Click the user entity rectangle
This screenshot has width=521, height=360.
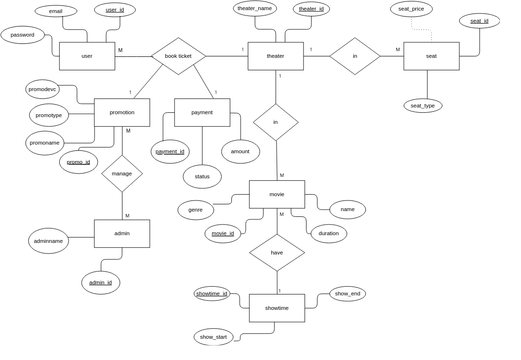pos(87,56)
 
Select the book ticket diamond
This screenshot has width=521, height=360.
pos(178,56)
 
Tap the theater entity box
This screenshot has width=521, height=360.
pos(275,56)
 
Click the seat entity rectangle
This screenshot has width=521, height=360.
pos(431,56)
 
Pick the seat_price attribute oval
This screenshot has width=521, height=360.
pos(411,9)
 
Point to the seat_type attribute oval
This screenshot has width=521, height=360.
pos(423,105)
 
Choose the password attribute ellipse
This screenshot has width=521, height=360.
pos(22,35)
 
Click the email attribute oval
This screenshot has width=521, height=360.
pos(55,11)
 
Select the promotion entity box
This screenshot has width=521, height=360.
pos(122,112)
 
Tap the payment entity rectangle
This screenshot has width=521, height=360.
pos(202,112)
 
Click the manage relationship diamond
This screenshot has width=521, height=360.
pos(122,173)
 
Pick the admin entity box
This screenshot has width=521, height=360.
pos(122,233)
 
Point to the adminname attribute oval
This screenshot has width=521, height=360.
pos(49,240)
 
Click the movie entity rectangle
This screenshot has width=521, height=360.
pos(277,194)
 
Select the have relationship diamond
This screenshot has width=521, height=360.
pos(277,253)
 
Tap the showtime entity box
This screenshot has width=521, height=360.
pos(277,308)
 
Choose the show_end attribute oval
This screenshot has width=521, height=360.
pos(348,294)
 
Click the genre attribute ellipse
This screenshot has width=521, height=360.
pos(195,210)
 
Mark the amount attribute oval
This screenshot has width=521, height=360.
pos(240,151)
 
